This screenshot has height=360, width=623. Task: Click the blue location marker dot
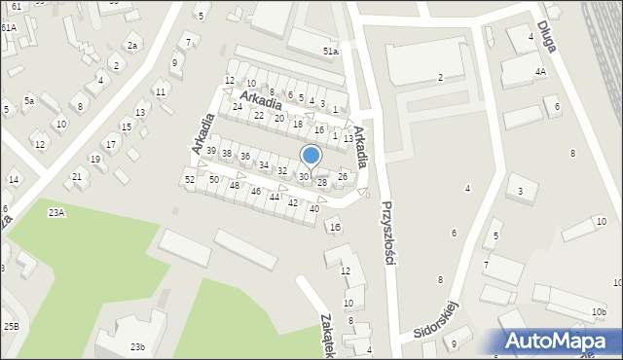point(311,155)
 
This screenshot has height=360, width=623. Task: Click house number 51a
point(331,51)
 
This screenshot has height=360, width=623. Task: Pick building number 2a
point(133,46)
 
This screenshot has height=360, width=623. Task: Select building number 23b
point(138,347)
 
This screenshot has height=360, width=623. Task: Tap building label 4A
point(539,72)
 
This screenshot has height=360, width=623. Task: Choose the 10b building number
point(598,312)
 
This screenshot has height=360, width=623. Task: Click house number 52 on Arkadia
point(190,180)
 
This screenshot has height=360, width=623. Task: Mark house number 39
point(211,150)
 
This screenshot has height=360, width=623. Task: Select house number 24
point(238,106)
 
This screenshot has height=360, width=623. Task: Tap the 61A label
point(8,28)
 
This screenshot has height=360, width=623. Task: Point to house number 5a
point(30,101)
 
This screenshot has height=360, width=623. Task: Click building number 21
point(77,176)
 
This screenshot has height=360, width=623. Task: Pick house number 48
point(234,185)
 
